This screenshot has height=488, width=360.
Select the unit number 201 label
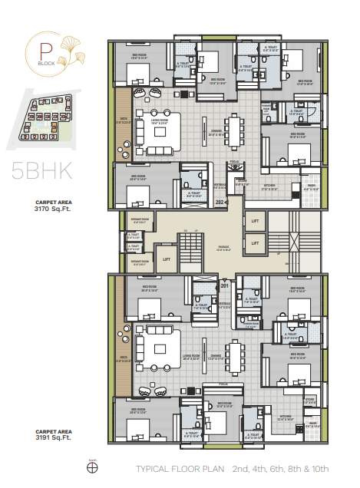(x=225, y=285)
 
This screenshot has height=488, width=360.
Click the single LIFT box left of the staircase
(x=167, y=259)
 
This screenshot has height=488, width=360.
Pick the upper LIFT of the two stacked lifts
(x=255, y=222)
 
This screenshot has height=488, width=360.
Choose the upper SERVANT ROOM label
(x=140, y=223)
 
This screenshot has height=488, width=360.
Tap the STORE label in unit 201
(x=309, y=400)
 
